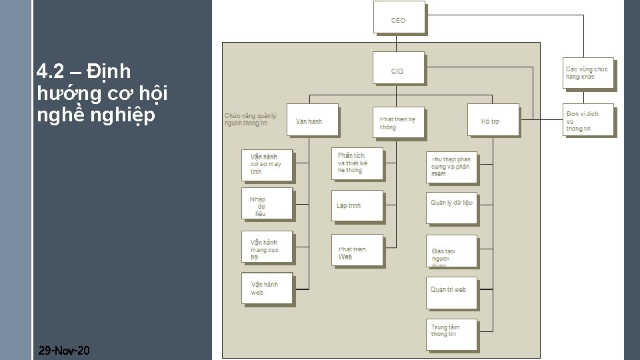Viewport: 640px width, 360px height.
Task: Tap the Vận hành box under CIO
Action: (311, 121)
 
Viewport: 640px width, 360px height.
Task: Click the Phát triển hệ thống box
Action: (398, 121)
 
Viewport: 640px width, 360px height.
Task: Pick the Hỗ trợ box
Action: (493, 121)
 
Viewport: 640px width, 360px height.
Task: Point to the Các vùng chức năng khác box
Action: (587, 73)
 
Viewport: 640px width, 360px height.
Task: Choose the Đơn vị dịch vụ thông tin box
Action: (587, 120)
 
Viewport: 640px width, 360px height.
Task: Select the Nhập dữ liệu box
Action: (267, 203)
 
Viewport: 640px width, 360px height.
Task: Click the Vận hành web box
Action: (267, 288)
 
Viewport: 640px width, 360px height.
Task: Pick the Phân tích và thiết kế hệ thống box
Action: (357, 163)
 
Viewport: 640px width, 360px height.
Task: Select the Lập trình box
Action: (357, 206)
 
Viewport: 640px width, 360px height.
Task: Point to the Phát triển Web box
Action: (357, 250)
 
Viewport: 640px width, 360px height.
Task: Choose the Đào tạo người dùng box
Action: (451, 251)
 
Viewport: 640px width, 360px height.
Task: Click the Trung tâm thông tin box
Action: (451, 334)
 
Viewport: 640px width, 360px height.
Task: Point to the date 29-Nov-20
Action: (65, 351)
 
